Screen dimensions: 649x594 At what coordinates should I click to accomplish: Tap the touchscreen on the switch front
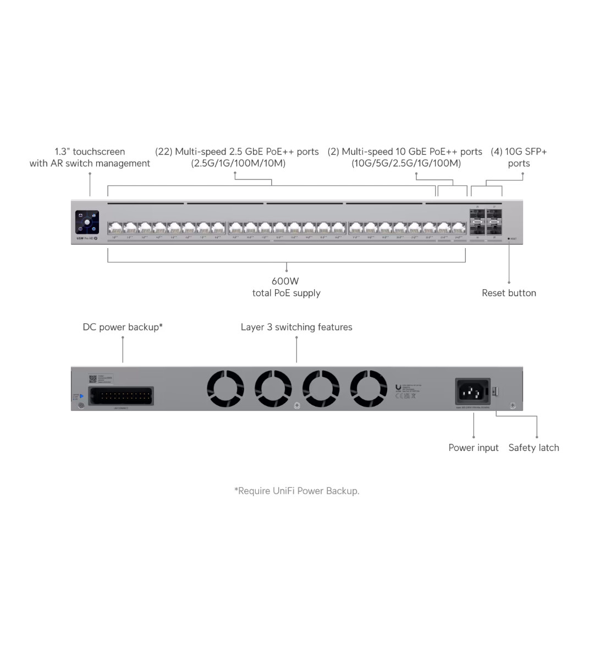tap(87, 222)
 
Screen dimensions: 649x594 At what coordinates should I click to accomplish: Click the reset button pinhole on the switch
tap(509, 239)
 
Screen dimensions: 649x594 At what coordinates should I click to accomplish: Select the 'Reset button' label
tap(509, 293)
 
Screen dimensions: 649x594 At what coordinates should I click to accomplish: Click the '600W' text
tap(285, 281)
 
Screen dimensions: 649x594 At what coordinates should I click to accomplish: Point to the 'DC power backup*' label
tap(123, 327)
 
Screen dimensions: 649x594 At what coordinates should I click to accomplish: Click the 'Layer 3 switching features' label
tap(296, 327)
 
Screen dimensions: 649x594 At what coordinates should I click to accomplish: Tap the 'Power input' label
tap(474, 448)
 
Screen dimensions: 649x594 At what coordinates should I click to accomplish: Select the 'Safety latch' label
tap(533, 448)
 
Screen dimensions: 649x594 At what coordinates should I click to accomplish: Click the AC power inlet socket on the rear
tap(473, 391)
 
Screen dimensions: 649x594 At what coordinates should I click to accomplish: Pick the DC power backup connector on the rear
tap(121, 396)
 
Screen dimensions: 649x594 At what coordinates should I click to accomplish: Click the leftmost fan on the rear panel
tap(226, 389)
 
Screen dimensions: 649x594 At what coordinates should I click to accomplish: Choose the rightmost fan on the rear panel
tap(369, 389)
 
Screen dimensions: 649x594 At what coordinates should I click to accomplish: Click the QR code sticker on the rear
tap(93, 379)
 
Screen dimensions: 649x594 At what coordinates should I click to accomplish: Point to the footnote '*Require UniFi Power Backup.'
tap(297, 491)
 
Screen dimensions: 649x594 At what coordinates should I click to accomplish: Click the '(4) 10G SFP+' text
tap(519, 152)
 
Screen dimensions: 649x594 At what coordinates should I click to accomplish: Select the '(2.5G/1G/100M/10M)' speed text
tap(238, 163)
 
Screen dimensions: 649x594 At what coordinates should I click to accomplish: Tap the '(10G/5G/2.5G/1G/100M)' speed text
tap(406, 163)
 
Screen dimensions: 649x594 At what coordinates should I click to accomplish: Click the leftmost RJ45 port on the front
tap(115, 228)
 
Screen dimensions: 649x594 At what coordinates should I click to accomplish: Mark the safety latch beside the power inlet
tap(495, 391)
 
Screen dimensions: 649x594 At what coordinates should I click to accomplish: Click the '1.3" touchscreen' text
tap(90, 152)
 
